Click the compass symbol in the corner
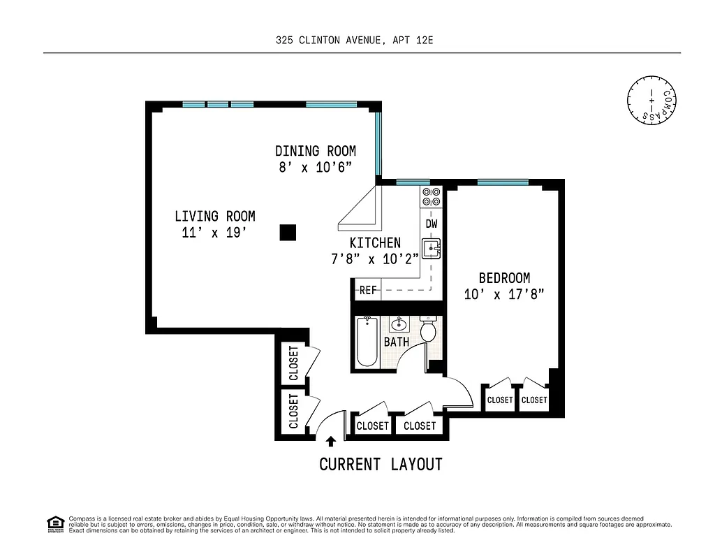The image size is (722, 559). [x=652, y=101]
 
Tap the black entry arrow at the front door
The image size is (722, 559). [x=330, y=441]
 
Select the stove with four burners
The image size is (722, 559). [x=431, y=196]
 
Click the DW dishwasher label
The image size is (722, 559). [x=431, y=224]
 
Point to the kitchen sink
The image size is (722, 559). [x=431, y=247]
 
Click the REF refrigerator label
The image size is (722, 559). [x=367, y=290]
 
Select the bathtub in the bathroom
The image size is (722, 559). [x=367, y=342]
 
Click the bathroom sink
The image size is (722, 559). [x=399, y=324]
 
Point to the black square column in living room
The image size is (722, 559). [x=287, y=233]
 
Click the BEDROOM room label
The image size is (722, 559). [x=503, y=278]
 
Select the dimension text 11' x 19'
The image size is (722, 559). [x=214, y=233]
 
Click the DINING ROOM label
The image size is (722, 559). [x=316, y=151]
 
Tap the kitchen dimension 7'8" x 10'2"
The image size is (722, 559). [x=375, y=259]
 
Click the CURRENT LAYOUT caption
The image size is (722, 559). [x=381, y=465]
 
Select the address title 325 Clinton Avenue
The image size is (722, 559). [x=355, y=41]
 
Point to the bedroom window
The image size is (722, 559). [x=502, y=183]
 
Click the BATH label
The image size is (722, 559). [x=396, y=342]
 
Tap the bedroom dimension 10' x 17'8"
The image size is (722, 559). [x=503, y=295]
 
